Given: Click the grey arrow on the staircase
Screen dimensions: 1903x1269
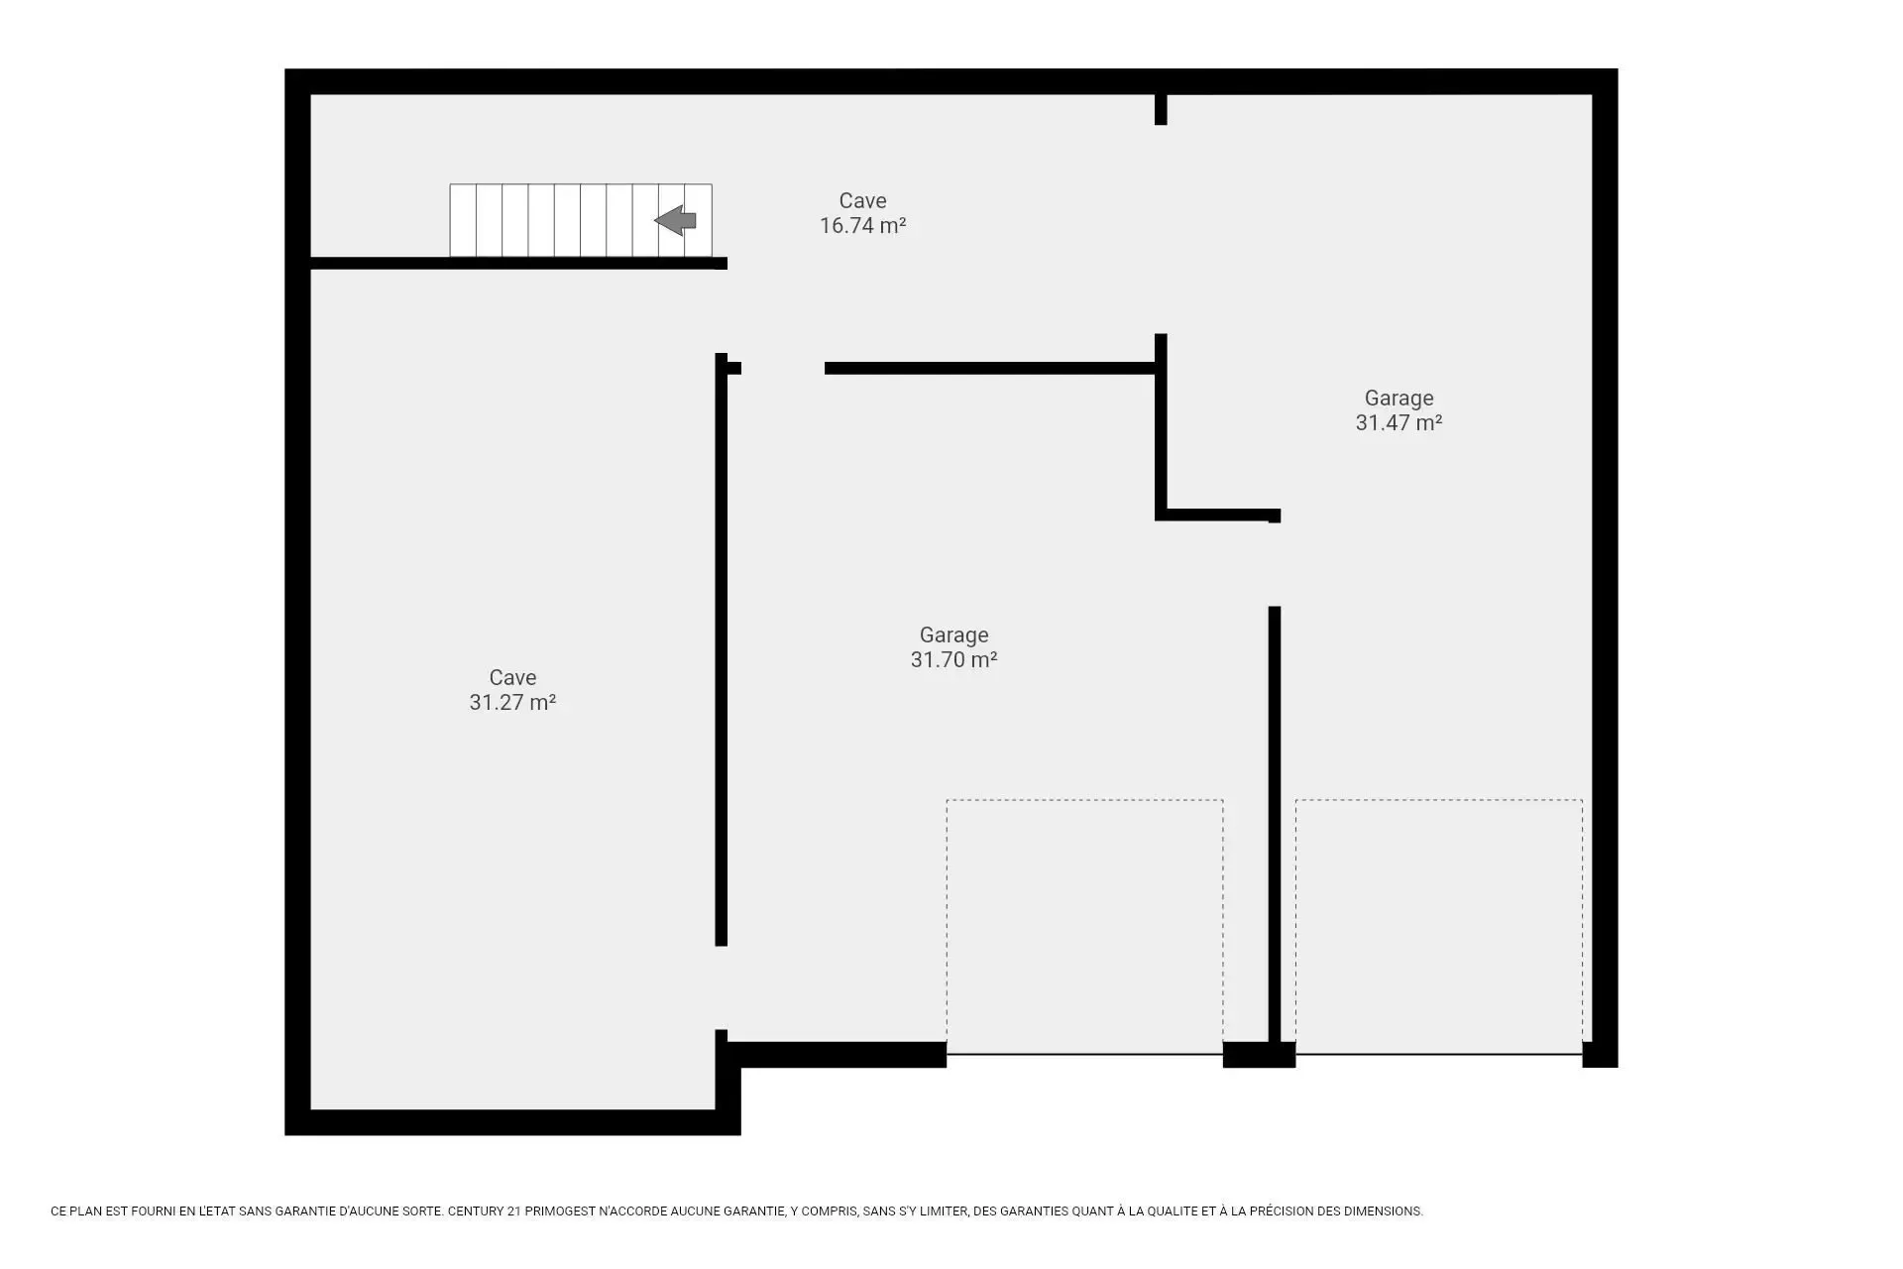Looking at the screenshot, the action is click(x=676, y=220).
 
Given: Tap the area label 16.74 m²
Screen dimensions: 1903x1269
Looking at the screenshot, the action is click(x=862, y=226).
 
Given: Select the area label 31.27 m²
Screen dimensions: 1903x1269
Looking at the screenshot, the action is click(x=512, y=703).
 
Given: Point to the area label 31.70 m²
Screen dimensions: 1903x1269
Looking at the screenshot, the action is click(x=953, y=660).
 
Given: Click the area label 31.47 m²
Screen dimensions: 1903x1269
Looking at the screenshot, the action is click(x=1399, y=423).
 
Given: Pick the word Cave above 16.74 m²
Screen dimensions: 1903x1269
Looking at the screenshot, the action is click(x=862, y=201).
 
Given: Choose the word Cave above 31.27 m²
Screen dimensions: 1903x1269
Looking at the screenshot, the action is click(x=512, y=678).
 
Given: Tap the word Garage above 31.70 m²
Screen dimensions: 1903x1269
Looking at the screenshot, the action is click(x=953, y=635).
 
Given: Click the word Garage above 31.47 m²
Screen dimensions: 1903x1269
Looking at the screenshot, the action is click(x=1399, y=399).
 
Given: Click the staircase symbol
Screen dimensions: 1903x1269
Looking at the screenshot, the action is click(x=581, y=220).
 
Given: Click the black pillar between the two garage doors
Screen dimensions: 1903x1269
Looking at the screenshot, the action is click(x=1259, y=1055).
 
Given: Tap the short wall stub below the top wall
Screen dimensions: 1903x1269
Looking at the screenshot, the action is click(x=1161, y=110).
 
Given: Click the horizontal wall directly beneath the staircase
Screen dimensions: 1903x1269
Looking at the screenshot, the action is click(x=519, y=264).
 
